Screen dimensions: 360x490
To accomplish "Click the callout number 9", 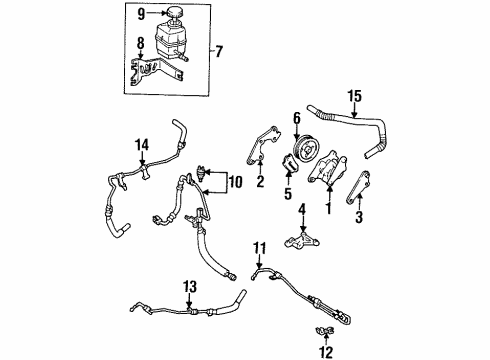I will [x=141, y=15].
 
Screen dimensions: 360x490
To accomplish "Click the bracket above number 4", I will [x=303, y=240].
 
